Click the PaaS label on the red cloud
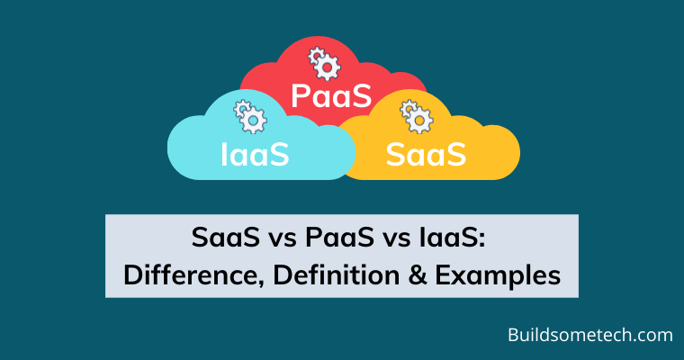[331, 96]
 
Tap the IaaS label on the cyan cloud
[255, 154]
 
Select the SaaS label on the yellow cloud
[427, 154]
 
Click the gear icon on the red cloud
[325, 64]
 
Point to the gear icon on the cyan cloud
[250, 116]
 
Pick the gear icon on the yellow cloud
[417, 116]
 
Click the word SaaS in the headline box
[226, 238]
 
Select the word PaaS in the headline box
[339, 238]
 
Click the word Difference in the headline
[193, 275]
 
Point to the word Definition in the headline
[337, 275]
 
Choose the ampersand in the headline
[418, 275]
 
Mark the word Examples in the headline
[498, 276]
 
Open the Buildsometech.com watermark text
[590, 335]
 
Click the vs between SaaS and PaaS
[283, 240]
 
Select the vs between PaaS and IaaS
[397, 240]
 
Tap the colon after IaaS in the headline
[481, 241]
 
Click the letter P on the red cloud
[300, 96]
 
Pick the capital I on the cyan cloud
[224, 155]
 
